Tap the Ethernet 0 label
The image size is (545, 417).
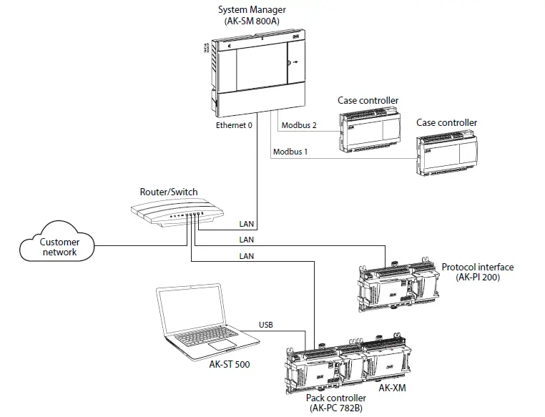point(235,126)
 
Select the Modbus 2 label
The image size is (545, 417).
point(299,125)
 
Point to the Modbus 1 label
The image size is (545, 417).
point(291,151)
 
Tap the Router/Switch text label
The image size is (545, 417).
point(170,192)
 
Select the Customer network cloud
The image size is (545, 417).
point(59,247)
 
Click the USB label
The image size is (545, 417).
point(267,325)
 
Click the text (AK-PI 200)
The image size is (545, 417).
point(476,278)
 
